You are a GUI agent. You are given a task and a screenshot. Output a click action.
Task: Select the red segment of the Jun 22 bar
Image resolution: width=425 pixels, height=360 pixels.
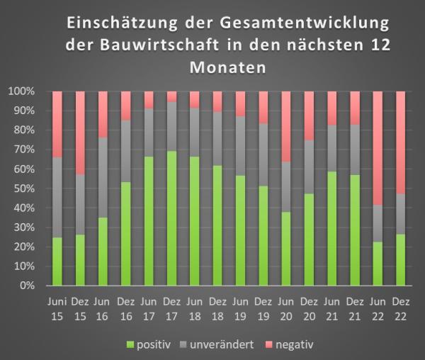point(378,148)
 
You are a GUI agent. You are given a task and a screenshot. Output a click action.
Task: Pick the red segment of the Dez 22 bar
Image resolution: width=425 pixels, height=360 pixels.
point(400,142)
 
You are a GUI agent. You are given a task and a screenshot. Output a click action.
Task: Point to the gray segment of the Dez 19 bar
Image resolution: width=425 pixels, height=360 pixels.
point(263,154)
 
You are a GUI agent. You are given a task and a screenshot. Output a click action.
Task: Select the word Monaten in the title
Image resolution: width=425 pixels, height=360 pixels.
point(227,69)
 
